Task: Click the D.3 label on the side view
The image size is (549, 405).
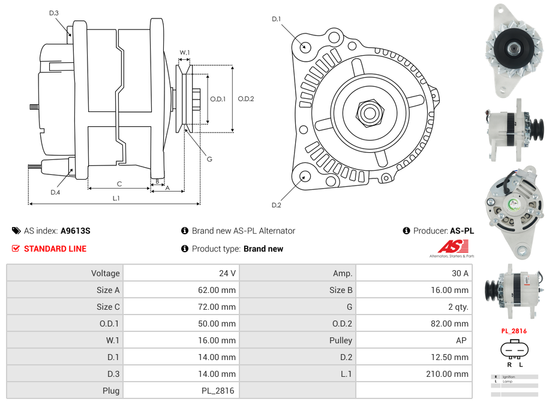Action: coord(54,13)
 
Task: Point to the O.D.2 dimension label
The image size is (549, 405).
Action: coord(246,99)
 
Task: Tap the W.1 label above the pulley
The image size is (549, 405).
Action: coord(185,53)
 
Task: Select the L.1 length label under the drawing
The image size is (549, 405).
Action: coord(116,198)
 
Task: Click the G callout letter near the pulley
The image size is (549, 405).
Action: coord(209,159)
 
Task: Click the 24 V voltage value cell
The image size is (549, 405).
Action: coord(227,273)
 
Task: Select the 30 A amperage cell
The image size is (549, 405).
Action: coord(460,273)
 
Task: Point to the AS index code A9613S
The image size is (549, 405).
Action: coord(76,231)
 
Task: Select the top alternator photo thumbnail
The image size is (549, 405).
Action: coord(514,50)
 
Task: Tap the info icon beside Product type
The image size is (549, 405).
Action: coord(185,249)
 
